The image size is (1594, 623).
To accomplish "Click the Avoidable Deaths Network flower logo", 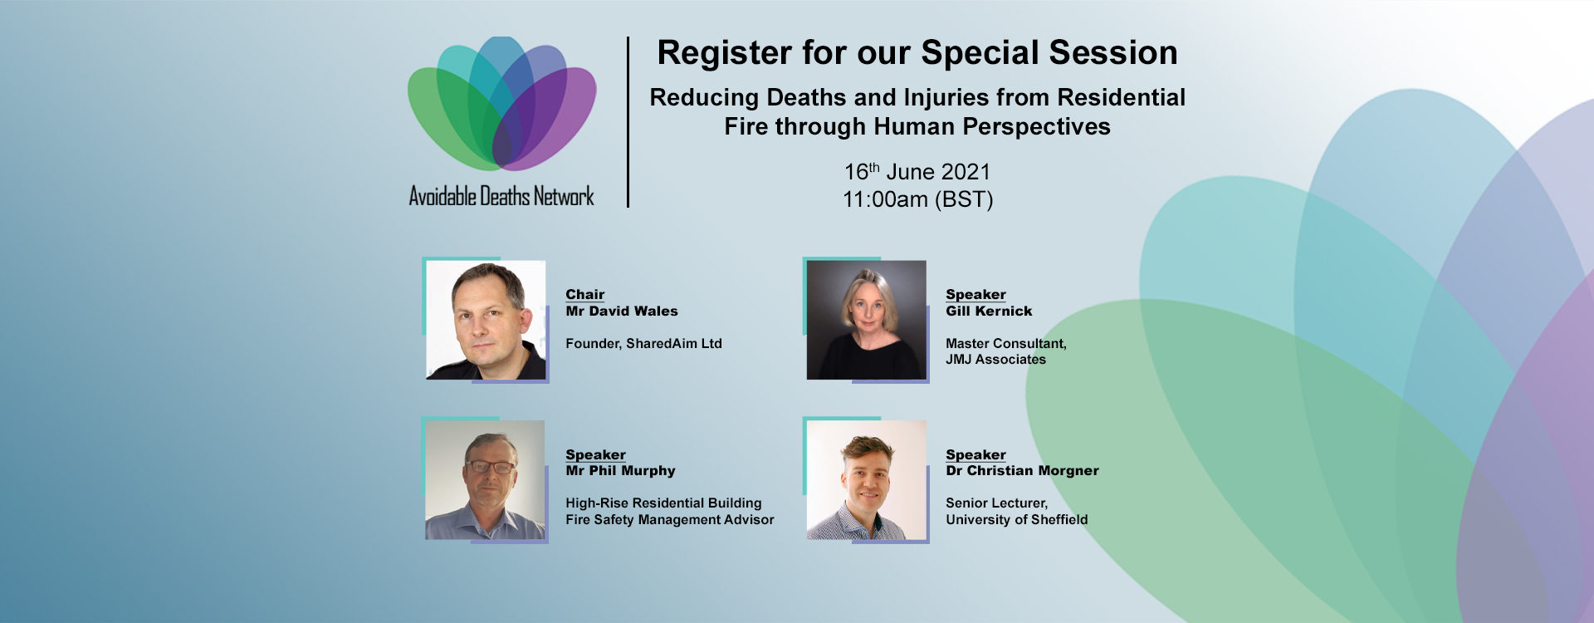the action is point(502,104).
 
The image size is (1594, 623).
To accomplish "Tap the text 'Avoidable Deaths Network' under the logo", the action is point(501,196).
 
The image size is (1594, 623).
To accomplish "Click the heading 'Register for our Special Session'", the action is point(917,53).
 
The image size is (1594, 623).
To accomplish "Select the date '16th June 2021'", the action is point(917,171).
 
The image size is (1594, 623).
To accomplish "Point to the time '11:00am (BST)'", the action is point(917,199).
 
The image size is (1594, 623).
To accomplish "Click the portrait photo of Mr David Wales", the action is point(486,320).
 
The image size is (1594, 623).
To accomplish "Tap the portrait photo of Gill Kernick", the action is point(866,320).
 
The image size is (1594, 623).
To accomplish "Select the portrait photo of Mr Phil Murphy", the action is point(485,480).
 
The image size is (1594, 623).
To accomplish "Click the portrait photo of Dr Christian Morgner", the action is point(866,480).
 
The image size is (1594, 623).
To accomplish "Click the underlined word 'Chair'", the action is point(585,295).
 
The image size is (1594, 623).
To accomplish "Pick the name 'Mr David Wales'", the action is point(622,311).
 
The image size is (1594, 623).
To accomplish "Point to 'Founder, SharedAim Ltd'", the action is point(643,344).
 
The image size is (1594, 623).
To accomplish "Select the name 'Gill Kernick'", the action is point(989,311).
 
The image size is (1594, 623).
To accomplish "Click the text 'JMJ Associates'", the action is point(995,360).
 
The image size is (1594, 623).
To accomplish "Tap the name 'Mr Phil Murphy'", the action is point(620,471).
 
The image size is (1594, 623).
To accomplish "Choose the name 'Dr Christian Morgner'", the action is point(1022,471).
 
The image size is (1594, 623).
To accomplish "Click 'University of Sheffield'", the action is point(1016,520).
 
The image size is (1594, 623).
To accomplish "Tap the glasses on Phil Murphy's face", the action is point(491,467).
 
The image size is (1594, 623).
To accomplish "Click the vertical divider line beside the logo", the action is point(628,122).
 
